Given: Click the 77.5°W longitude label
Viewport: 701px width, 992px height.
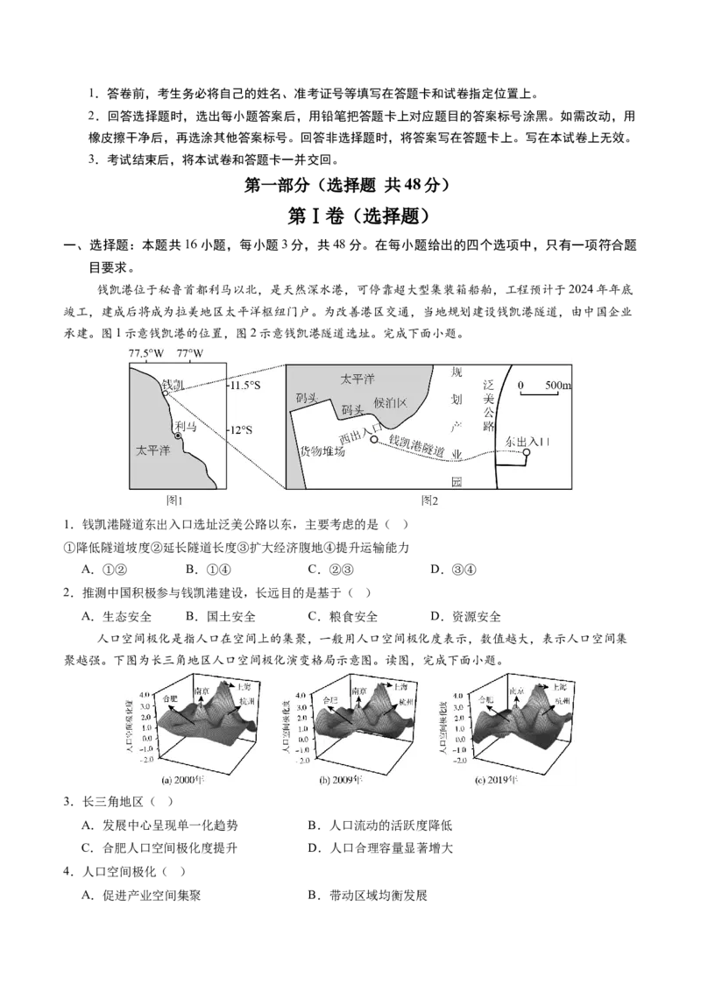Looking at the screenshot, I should click(145, 353).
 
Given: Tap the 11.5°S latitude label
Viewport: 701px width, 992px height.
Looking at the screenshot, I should click(245, 386).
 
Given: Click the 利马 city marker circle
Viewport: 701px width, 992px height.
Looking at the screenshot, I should click(178, 436).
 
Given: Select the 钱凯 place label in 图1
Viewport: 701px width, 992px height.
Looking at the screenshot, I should click(173, 384).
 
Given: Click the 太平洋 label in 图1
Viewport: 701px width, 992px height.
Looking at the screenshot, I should click(152, 451).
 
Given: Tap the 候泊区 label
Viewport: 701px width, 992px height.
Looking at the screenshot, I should click(391, 402).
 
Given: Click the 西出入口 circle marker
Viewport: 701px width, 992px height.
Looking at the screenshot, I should click(374, 439).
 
